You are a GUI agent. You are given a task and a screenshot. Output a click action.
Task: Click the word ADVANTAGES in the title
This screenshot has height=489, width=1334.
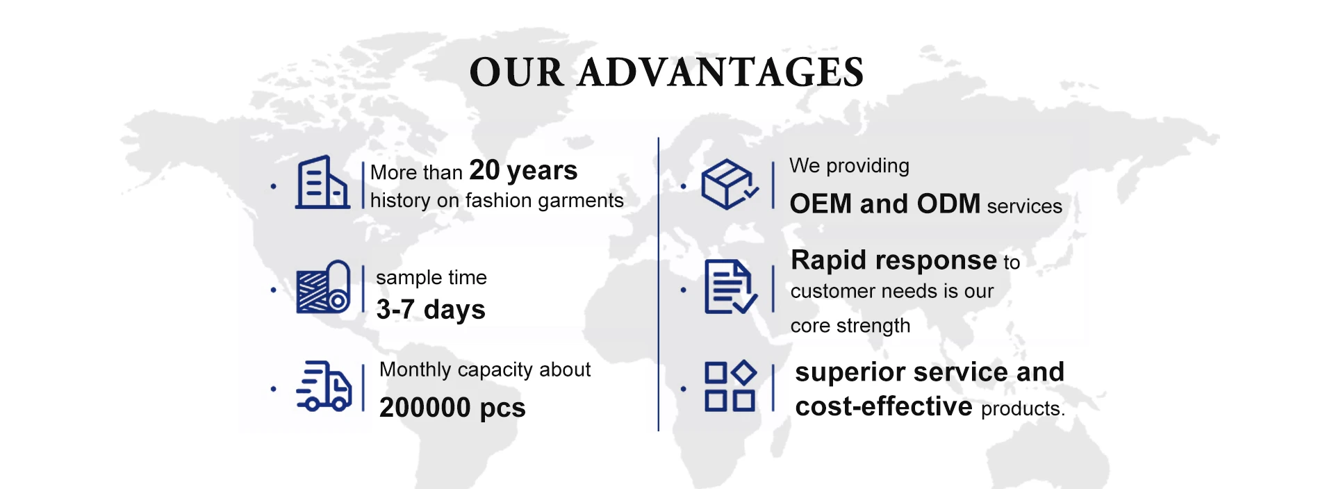click(721, 72)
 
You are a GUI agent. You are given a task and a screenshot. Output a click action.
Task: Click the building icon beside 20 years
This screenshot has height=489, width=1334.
click(322, 182)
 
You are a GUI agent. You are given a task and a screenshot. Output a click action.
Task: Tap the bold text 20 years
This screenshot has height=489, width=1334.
click(524, 171)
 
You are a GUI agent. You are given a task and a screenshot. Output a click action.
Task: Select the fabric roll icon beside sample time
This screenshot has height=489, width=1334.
click(323, 287)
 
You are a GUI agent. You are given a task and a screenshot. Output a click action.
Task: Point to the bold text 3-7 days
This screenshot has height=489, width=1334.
click(431, 310)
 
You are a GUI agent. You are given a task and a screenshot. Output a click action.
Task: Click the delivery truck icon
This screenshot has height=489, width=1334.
click(324, 386)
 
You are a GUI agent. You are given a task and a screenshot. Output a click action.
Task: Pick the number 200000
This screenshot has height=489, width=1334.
click(425, 407)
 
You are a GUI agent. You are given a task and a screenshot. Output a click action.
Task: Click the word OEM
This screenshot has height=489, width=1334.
click(821, 204)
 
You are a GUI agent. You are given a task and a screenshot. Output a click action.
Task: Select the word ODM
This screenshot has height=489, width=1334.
click(948, 204)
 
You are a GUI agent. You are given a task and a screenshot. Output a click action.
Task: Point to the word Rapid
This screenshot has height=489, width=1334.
click(830, 261)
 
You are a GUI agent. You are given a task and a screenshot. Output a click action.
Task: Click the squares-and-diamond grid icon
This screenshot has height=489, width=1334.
click(730, 386)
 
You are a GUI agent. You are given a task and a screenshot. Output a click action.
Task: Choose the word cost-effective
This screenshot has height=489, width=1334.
click(884, 406)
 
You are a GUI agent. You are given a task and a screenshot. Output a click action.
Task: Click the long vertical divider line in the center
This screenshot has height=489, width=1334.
click(658, 284)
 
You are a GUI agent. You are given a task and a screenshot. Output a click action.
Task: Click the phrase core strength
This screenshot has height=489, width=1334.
click(850, 326)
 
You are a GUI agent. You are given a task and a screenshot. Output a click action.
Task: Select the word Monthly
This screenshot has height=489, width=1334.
click(415, 370)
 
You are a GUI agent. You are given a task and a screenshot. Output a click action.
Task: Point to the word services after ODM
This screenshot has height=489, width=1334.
click(1025, 206)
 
